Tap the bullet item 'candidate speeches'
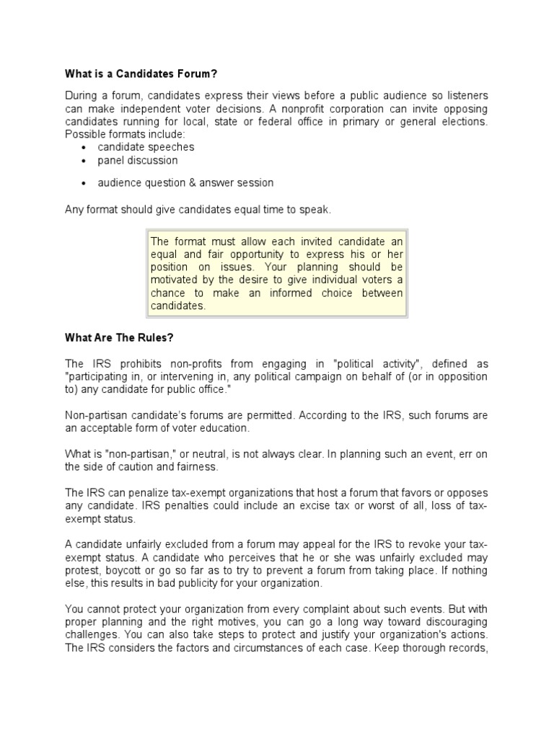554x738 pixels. pos(146,147)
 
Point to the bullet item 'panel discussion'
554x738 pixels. pos(138,160)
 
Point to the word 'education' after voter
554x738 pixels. pos(223,428)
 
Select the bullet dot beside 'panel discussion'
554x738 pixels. pos(84,161)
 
